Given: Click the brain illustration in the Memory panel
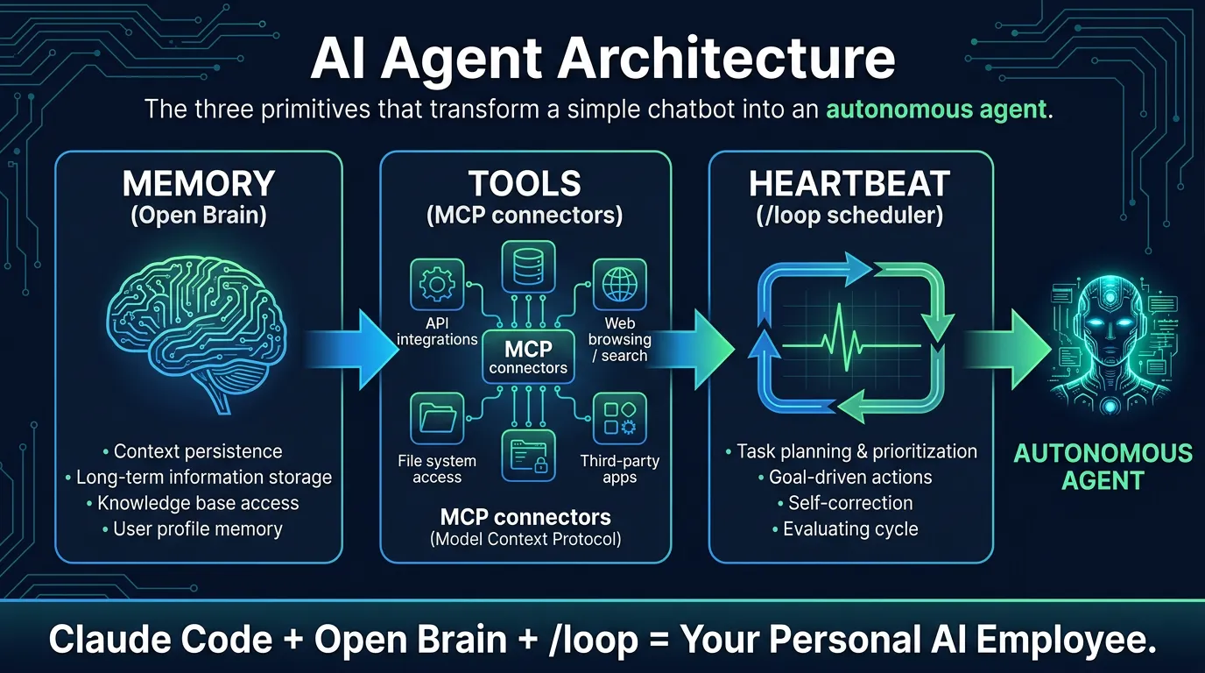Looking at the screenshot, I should pyautogui.click(x=199, y=334).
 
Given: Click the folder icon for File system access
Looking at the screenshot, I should pyautogui.click(x=436, y=419).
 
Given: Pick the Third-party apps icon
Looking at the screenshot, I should pyautogui.click(x=619, y=419).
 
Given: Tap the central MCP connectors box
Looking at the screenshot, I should pyautogui.click(x=528, y=358).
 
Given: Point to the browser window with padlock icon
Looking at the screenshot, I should pyautogui.click(x=528, y=456).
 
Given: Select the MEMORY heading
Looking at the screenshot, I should pyautogui.click(x=199, y=185).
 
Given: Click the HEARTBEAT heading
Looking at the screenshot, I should pyautogui.click(x=849, y=185).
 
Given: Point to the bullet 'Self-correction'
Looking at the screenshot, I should pyautogui.click(x=850, y=503).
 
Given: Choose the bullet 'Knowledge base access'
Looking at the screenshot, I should pyautogui.click(x=198, y=503).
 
